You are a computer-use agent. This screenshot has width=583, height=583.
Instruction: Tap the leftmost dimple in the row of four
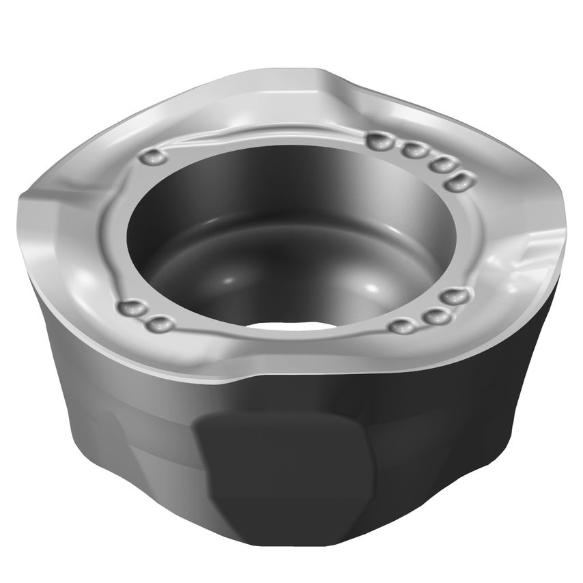[x=378, y=141]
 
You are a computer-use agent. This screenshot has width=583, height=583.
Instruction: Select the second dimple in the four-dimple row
[x=412, y=150]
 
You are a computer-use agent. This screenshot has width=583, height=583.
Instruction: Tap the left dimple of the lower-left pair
[x=131, y=309]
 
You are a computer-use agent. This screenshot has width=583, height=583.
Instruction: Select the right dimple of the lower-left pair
[x=160, y=323]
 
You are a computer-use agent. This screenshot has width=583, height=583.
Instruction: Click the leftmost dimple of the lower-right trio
[x=403, y=326]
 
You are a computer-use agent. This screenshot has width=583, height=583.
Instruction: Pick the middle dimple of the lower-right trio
[x=432, y=316]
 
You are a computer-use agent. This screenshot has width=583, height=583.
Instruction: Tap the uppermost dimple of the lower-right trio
[x=453, y=297]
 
